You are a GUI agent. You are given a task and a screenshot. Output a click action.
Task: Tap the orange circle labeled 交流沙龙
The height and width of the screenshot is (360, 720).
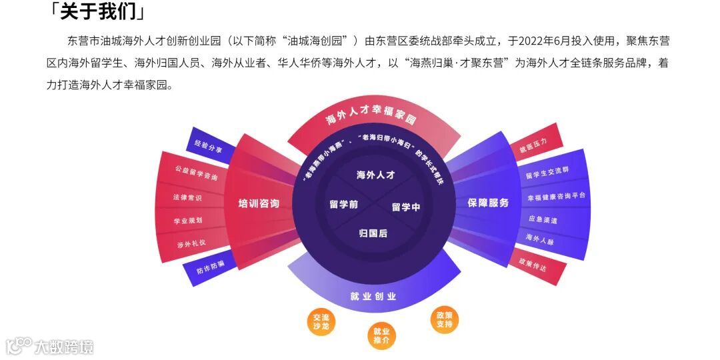(321, 321)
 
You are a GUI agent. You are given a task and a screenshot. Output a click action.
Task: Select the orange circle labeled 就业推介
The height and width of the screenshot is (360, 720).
(381, 336)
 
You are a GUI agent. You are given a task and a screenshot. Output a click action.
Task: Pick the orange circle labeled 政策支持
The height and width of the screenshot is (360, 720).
(444, 319)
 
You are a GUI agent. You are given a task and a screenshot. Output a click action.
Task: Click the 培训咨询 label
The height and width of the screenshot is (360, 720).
(259, 203)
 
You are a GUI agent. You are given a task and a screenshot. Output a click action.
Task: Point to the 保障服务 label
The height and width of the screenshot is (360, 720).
(488, 203)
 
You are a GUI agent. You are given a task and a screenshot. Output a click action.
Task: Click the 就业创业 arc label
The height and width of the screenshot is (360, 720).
(373, 296)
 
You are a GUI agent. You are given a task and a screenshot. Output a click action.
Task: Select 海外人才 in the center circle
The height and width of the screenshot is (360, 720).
(376, 175)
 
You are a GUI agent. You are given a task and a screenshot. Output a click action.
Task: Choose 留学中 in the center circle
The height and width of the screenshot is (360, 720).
(406, 207)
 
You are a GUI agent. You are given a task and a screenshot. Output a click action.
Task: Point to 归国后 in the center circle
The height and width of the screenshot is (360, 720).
(373, 233)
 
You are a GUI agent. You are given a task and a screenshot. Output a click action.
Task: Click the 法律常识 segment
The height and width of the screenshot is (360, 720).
(187, 198)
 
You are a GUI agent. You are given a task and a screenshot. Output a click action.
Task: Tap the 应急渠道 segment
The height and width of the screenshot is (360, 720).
(543, 219)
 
